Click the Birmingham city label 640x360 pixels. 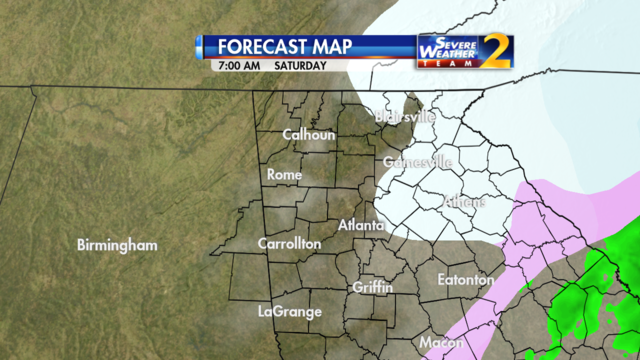[x=118, y=245]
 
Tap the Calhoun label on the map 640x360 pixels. [x=308, y=134]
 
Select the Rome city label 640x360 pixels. [x=284, y=174]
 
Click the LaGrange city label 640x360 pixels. [x=289, y=311]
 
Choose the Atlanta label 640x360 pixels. [x=361, y=225]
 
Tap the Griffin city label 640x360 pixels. [x=372, y=287]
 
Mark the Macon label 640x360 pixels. [x=441, y=342]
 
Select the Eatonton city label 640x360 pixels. [x=466, y=280]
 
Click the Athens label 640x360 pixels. [x=463, y=202]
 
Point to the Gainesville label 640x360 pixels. [x=418, y=162]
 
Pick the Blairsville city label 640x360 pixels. [x=405, y=117]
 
